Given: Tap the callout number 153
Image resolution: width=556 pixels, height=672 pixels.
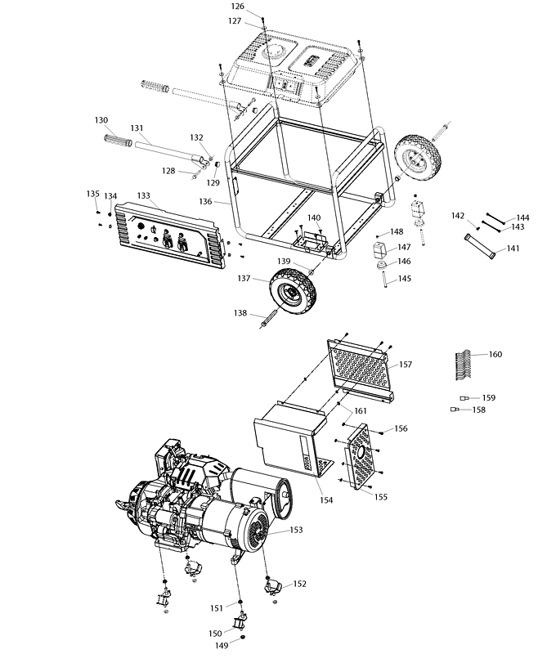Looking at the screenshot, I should pos(295,531).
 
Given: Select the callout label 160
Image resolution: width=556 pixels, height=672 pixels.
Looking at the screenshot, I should pos(495,354).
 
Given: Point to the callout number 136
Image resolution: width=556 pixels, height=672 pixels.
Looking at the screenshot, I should pos(205,201).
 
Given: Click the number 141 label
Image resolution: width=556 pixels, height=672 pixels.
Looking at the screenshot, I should pos(513,249).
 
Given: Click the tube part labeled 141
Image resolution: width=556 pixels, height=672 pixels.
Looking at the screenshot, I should pos(481,247).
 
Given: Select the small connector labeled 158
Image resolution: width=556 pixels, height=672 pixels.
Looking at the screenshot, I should pos(455,410).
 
